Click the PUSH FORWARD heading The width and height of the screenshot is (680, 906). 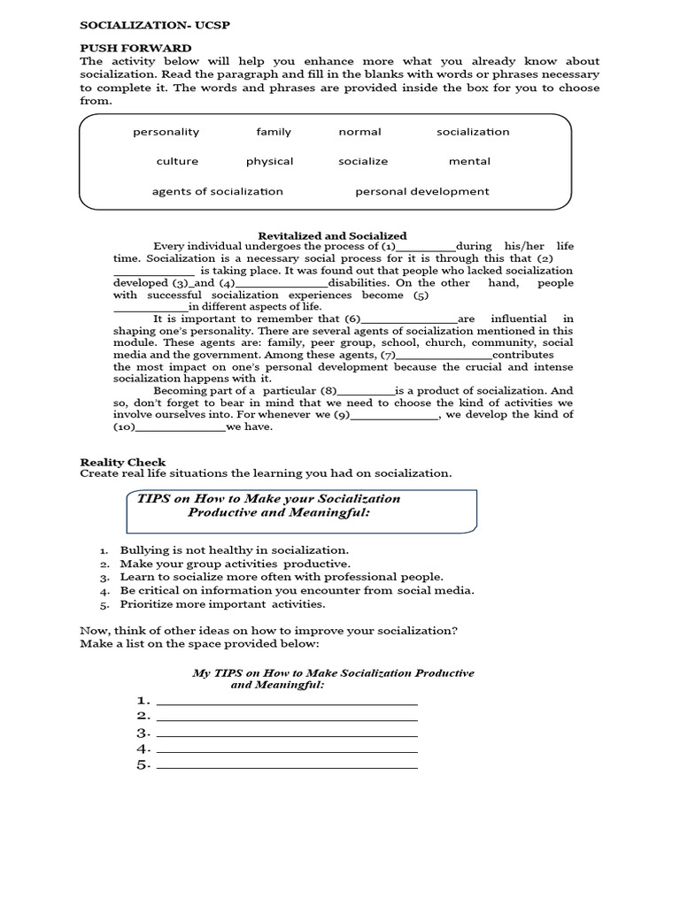[135, 48]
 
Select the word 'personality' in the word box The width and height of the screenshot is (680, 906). [166, 132]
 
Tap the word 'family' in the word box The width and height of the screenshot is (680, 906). [274, 132]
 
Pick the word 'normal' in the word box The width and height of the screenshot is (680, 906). [359, 132]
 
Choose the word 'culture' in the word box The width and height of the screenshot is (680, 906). [177, 161]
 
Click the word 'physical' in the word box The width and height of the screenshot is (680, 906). [270, 161]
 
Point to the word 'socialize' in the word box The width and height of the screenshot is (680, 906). [363, 161]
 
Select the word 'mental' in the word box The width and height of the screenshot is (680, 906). [469, 161]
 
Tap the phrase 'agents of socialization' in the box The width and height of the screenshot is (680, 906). [218, 191]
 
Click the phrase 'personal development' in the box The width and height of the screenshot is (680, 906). [421, 191]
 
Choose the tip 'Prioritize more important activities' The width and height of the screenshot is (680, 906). [223, 604]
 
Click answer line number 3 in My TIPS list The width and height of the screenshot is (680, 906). [286, 734]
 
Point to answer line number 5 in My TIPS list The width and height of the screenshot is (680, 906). [286, 766]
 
